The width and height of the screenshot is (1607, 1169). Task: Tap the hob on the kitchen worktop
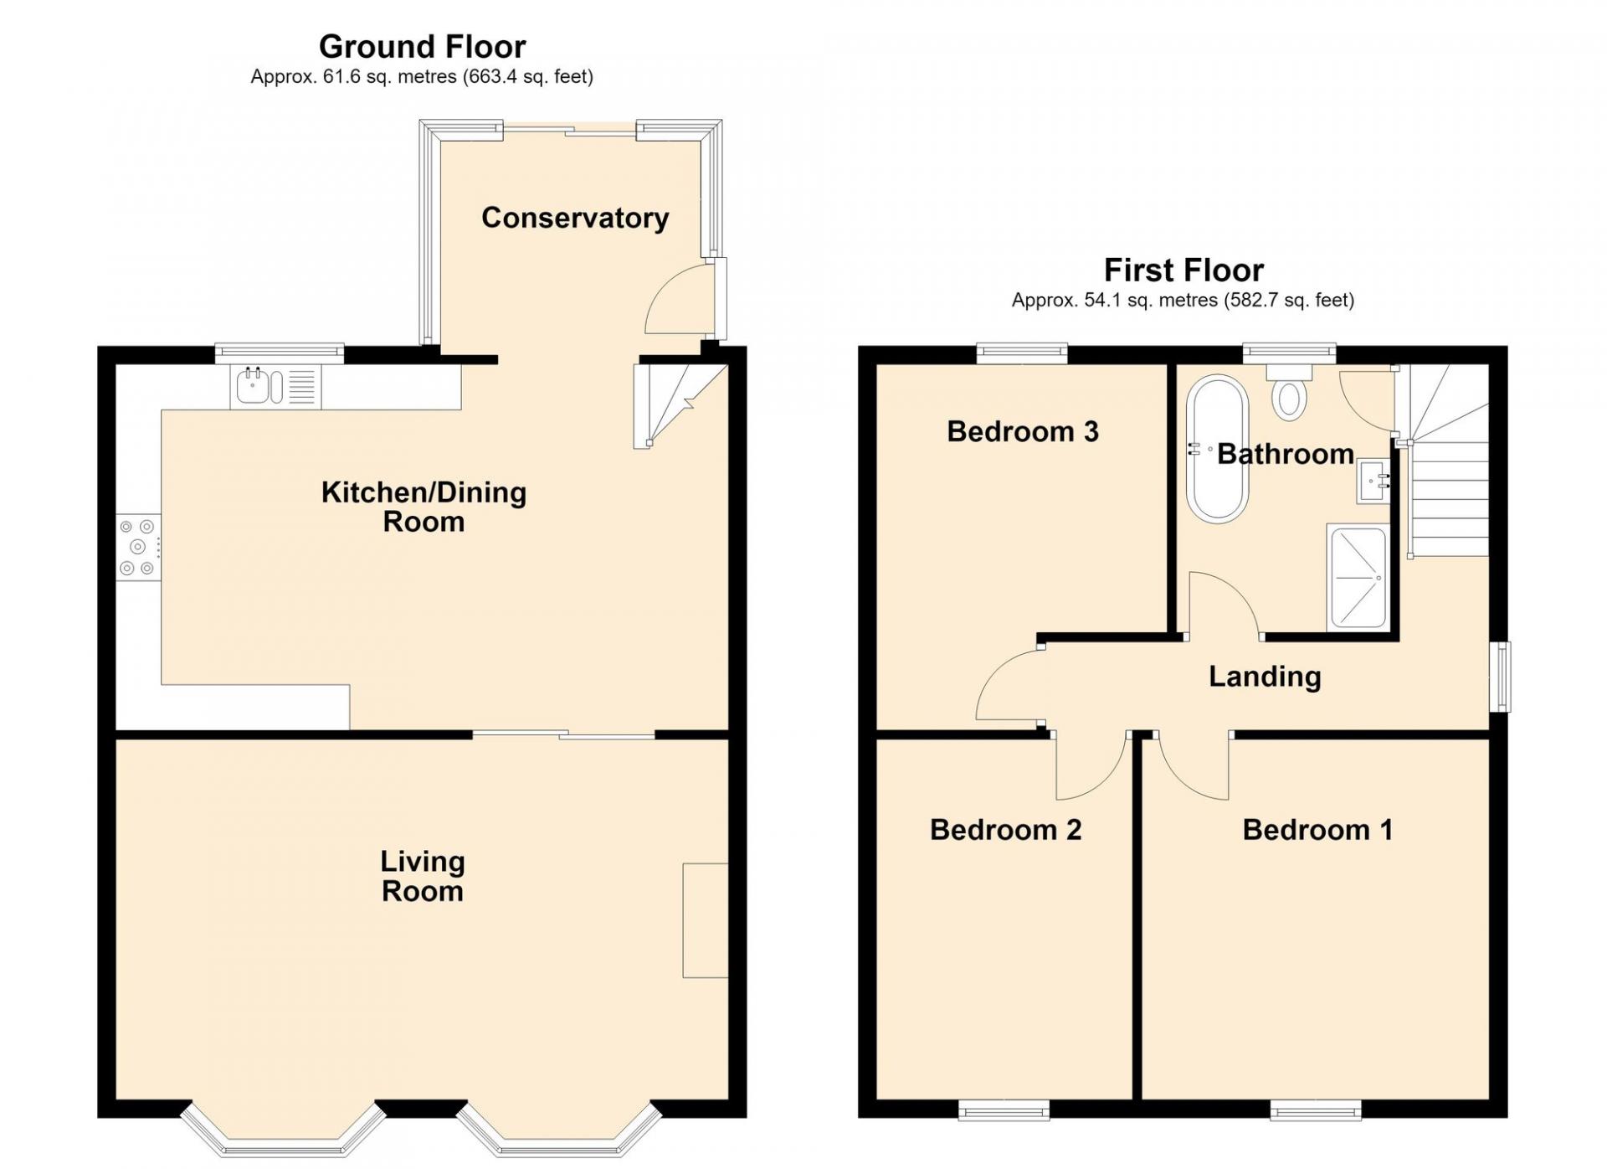pyautogui.click(x=138, y=547)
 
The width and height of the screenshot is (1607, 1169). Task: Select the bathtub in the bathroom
pyautogui.click(x=1217, y=450)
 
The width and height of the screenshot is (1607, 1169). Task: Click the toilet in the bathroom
pyautogui.click(x=1289, y=392)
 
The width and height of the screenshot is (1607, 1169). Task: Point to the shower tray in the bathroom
pyautogui.click(x=1358, y=578)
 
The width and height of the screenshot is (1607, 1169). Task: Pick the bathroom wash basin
pyautogui.click(x=1373, y=481)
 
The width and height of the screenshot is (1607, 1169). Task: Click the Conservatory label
pyautogui.click(x=575, y=218)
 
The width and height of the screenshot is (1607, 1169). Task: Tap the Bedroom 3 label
pyautogui.click(x=1022, y=431)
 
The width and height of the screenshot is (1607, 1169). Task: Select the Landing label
pyautogui.click(x=1265, y=677)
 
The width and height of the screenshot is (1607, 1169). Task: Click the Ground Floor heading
pyautogui.click(x=423, y=46)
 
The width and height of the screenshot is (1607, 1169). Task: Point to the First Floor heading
pyautogui.click(x=1183, y=270)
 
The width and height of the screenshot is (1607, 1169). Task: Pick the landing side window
pyautogui.click(x=1503, y=677)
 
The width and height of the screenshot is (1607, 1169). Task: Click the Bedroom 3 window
pyautogui.click(x=1022, y=353)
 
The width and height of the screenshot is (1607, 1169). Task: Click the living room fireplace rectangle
pyautogui.click(x=706, y=920)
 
